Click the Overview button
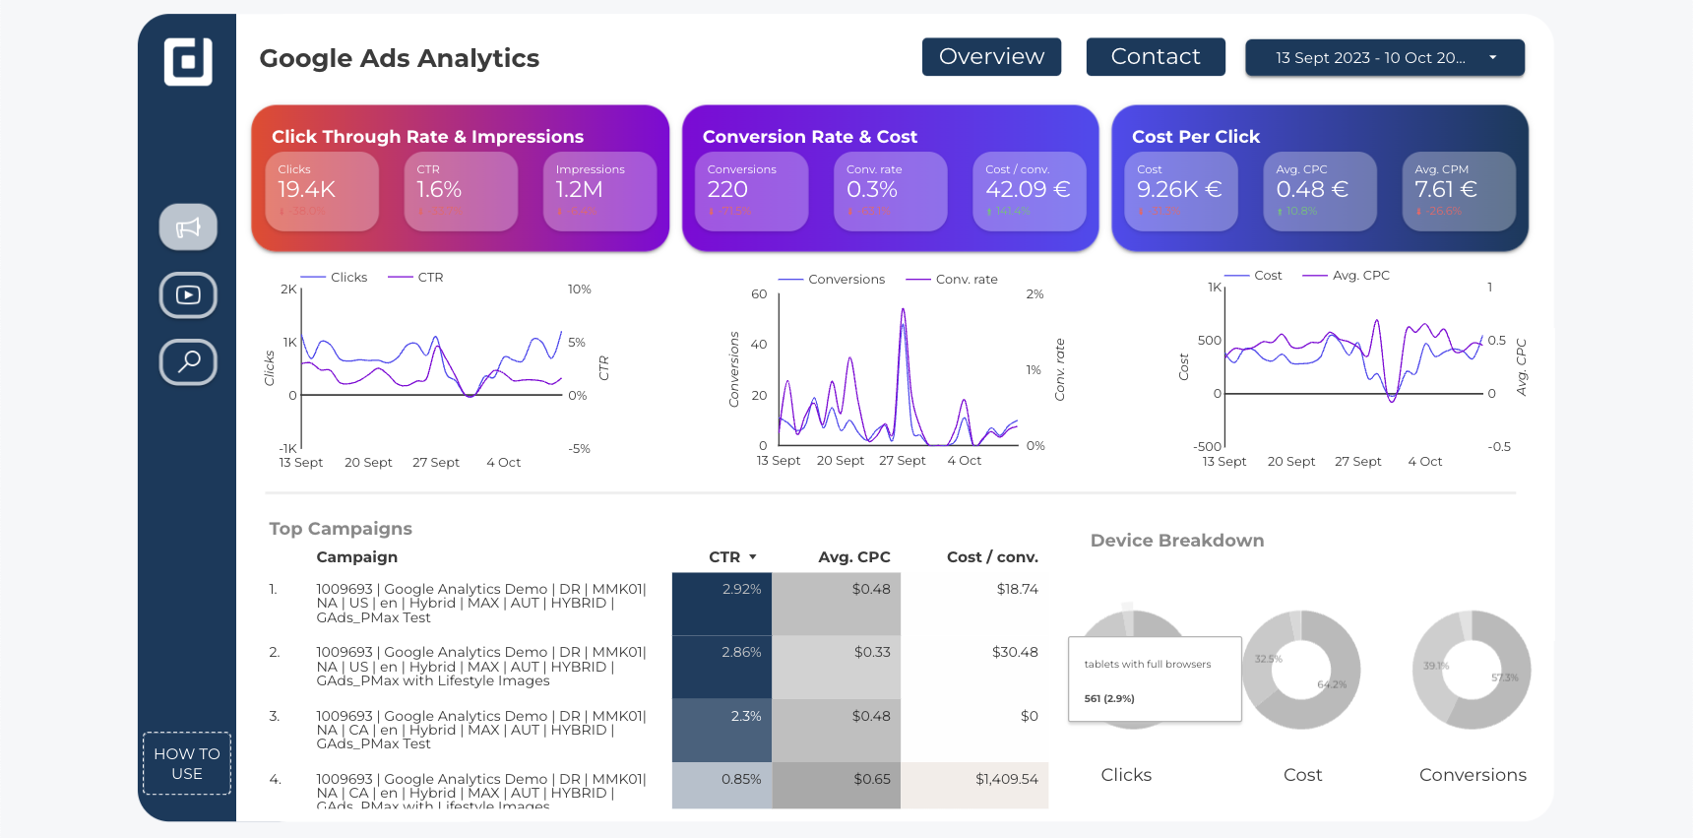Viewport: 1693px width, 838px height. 991,57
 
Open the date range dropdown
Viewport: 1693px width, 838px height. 1384,58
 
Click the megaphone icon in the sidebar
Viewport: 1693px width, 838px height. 188,227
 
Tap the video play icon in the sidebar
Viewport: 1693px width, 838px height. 188,294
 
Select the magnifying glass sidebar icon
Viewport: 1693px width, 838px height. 188,361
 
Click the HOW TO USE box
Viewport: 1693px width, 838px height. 187,763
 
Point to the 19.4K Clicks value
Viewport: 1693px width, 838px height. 307,189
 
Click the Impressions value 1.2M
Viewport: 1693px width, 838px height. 579,189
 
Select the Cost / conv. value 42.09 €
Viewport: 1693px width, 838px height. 1028,189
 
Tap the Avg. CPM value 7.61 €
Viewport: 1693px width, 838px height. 1445,189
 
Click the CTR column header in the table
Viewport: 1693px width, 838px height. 725,557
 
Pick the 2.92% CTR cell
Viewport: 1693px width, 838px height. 741,589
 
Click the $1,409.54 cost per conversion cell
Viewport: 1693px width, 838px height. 1006,779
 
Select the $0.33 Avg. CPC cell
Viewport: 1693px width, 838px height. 871,652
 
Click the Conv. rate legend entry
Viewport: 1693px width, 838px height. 966,280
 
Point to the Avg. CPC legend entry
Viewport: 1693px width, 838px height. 1360,276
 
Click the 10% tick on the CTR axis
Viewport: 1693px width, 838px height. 579,290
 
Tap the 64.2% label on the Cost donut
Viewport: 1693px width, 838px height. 1331,684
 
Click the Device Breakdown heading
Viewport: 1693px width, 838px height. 1176,541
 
